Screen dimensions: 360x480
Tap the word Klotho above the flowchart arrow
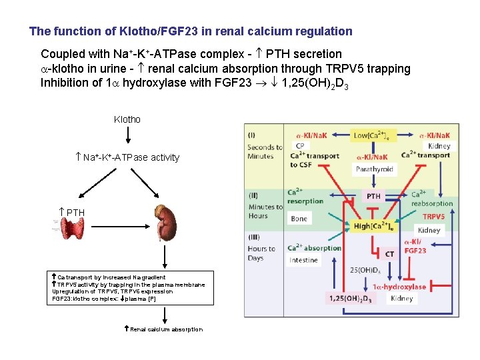pyautogui.click(x=127, y=119)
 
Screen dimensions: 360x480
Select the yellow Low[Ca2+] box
pyautogui.click(x=371, y=135)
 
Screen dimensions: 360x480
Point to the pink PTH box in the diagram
pyautogui.click(x=373, y=196)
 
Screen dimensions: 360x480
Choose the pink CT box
pyautogui.click(x=390, y=253)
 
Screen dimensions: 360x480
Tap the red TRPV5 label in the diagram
pyautogui.click(x=433, y=217)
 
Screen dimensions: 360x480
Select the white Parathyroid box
pyautogui.click(x=374, y=169)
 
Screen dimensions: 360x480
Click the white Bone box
pyautogui.click(x=299, y=219)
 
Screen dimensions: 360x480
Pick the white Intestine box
pyautogui.click(x=303, y=260)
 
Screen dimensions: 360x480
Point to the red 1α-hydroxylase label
pyautogui.click(x=399, y=286)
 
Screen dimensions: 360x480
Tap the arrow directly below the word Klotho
pyautogui.click(x=127, y=136)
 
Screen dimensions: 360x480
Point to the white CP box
pyautogui.click(x=299, y=145)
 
